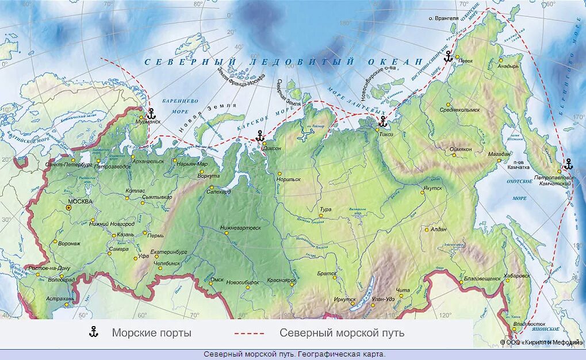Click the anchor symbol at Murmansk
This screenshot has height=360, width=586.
click(151, 113)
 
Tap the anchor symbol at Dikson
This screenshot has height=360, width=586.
click(259, 136)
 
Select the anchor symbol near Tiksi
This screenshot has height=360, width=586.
click(382, 121)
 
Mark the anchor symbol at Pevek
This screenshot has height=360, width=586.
click(448, 56)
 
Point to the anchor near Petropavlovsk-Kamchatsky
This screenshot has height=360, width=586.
click(569, 164)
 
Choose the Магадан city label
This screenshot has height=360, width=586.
click(500, 154)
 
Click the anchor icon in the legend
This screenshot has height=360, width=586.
click(93, 332)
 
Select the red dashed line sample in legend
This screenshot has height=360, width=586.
click(249, 333)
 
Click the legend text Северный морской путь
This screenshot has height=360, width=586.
click(342, 333)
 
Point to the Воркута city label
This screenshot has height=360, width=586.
click(209, 175)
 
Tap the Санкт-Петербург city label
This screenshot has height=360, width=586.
click(68, 164)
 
